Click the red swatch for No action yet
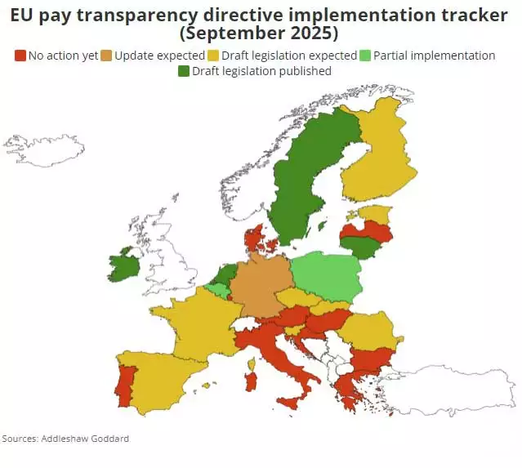point(20,56)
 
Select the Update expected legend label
point(159,56)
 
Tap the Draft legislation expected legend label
point(289,56)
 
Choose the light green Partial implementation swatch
point(366,56)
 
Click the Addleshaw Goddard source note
point(65,439)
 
